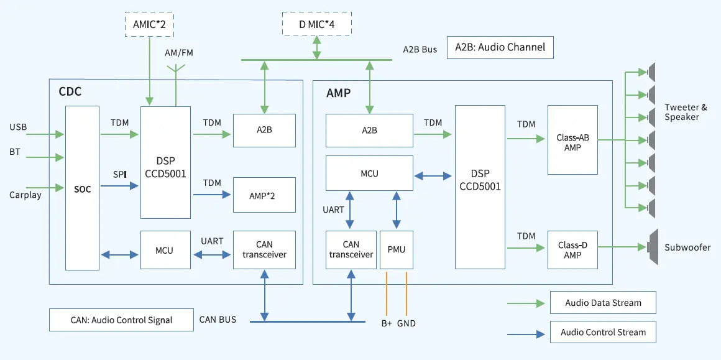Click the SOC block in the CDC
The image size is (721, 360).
click(x=82, y=188)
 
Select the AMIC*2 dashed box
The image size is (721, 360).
click(x=149, y=24)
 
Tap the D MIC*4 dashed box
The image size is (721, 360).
click(x=316, y=24)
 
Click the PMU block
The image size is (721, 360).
click(x=397, y=250)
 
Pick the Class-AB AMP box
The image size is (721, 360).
click(x=572, y=140)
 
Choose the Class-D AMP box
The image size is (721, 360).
click(x=572, y=250)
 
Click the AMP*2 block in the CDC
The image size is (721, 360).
click(x=264, y=195)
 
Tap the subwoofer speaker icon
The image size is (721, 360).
click(x=652, y=247)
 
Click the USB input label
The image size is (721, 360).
click(x=18, y=126)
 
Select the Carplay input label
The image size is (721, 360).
click(x=25, y=195)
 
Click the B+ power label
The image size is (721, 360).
click(x=387, y=323)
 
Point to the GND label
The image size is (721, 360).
click(x=406, y=323)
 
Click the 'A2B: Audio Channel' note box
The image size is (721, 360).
click(x=500, y=47)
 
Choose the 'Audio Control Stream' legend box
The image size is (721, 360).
click(x=603, y=332)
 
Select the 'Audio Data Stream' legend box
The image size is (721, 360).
click(x=603, y=303)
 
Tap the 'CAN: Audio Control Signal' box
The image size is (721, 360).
click(x=121, y=320)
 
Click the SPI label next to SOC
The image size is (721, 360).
click(x=119, y=175)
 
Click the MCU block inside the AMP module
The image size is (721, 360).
click(x=370, y=173)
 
